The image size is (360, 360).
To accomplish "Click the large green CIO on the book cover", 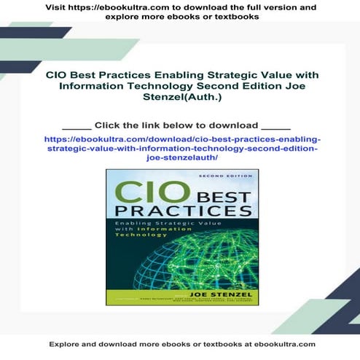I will point(133,198).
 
